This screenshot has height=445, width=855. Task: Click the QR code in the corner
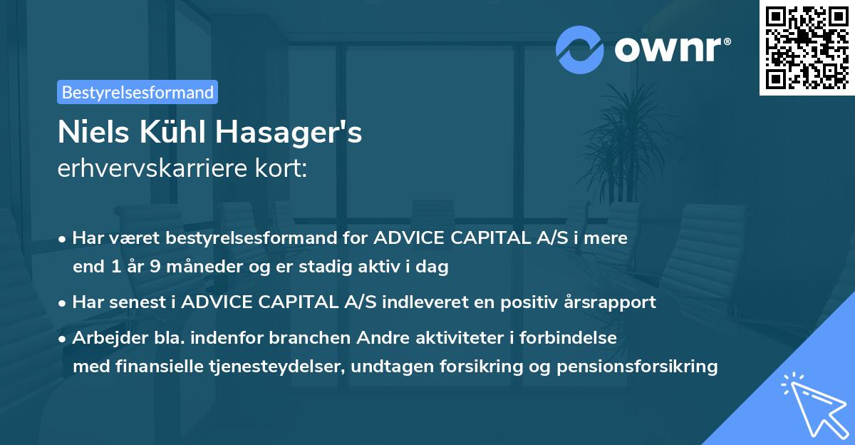[x=807, y=48]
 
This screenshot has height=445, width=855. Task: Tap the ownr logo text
[x=672, y=48]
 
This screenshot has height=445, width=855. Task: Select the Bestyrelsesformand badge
[x=138, y=92]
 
